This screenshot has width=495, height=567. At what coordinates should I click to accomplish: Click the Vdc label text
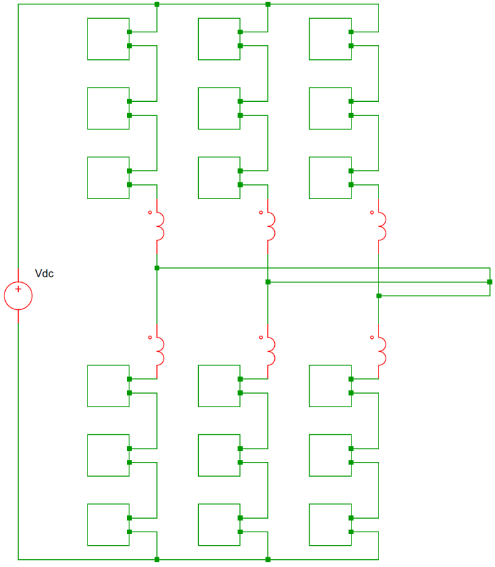tap(44, 274)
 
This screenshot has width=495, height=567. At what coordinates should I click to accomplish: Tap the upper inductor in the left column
tap(158, 226)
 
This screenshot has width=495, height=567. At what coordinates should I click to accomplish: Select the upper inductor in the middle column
tap(270, 226)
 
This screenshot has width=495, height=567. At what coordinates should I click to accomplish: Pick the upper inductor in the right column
tap(380, 226)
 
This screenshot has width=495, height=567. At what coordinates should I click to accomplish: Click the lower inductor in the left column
tap(158, 351)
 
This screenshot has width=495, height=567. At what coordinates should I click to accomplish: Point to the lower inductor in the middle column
tap(270, 351)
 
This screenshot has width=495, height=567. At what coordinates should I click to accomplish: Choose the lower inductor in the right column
tap(380, 351)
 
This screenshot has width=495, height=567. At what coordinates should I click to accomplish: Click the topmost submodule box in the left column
tap(108, 39)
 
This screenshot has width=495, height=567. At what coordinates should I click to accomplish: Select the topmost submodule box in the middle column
tap(219, 39)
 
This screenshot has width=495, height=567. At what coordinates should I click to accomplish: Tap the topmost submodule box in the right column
tap(330, 39)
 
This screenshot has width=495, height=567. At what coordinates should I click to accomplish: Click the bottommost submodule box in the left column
tap(108, 524)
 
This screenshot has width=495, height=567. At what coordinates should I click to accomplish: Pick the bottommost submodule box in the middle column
tap(219, 524)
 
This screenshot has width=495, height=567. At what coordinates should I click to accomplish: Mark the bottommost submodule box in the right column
tap(330, 524)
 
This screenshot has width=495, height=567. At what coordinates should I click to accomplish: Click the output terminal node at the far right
tap(490, 282)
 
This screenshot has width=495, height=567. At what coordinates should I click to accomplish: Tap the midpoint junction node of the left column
tap(157, 267)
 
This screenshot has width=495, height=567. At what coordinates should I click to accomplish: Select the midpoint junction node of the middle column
tap(268, 282)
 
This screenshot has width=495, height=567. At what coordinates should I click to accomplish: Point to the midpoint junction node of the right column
tap(378, 296)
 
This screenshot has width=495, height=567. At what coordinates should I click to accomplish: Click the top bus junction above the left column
tap(157, 4)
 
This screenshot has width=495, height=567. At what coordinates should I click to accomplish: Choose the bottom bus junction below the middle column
tap(268, 559)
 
